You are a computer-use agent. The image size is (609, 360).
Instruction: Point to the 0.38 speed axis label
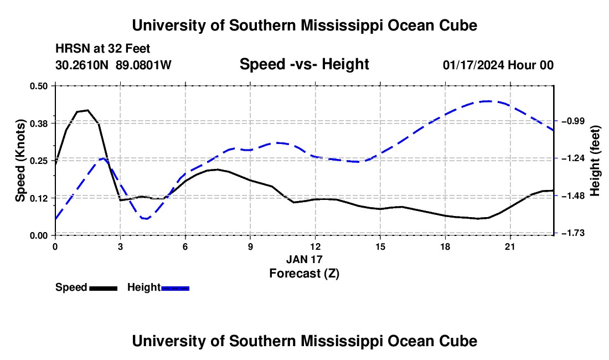tap(38, 124)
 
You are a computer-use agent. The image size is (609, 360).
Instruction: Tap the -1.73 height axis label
tap(572, 233)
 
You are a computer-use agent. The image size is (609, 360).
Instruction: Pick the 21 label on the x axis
tap(510, 246)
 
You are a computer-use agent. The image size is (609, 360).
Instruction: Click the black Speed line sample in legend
tap(104, 288)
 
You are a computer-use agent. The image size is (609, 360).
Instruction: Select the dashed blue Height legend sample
tap(175, 288)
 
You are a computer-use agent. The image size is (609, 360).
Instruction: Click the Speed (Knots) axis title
tap(20, 161)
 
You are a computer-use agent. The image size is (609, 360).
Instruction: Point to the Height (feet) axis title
tap(595, 161)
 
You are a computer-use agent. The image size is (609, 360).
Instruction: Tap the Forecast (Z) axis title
tap(304, 274)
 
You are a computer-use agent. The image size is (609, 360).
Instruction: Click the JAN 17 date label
tap(304, 259)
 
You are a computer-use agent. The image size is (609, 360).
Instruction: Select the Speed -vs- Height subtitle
tap(304, 64)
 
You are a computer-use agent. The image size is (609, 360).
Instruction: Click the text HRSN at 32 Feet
tap(102, 49)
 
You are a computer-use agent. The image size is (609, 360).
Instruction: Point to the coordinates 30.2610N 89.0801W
tap(113, 65)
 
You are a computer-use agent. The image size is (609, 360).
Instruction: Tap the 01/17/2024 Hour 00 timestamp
tap(498, 65)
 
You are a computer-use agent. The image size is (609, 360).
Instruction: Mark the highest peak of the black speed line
tap(88, 110)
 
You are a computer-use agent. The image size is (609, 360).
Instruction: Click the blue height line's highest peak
tap(487, 101)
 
